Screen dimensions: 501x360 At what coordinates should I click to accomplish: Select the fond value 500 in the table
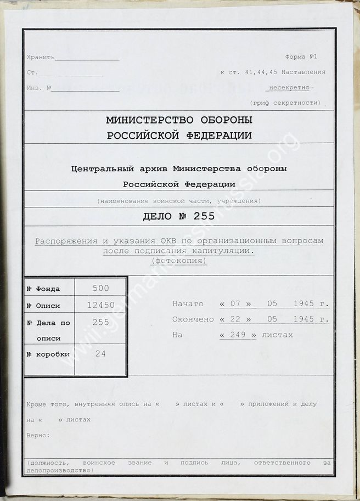pyautogui.click(x=101, y=288)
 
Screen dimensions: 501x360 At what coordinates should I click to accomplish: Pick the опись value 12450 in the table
pyautogui.click(x=101, y=305)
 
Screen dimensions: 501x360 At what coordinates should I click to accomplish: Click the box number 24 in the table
pyautogui.click(x=101, y=353)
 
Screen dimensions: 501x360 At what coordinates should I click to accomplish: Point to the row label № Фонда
pyautogui.click(x=43, y=289)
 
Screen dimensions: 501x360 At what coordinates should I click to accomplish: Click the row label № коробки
pyautogui.click(x=48, y=354)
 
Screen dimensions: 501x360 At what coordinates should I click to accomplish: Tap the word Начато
pyautogui.click(x=188, y=304)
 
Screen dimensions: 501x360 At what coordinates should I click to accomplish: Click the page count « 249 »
pyautogui.click(x=238, y=334)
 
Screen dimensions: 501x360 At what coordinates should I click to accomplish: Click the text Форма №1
pyautogui.click(x=301, y=57)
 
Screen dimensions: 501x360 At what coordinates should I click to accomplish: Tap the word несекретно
pyautogui.click(x=289, y=88)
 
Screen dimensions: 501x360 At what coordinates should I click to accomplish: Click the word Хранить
pyautogui.click(x=41, y=58)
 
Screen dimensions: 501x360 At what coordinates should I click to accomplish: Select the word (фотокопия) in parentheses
pyautogui.click(x=179, y=261)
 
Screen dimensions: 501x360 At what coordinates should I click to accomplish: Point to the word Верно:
pyautogui.click(x=38, y=435)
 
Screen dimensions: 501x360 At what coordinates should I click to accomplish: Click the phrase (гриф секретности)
pyautogui.click(x=285, y=103)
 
